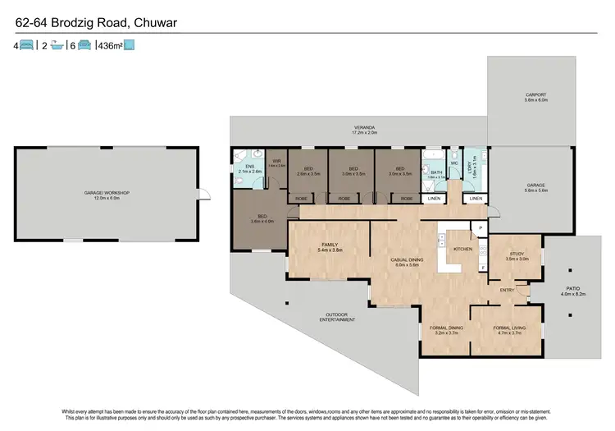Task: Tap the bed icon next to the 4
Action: (x=25, y=45)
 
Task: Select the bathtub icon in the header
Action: (x=58, y=45)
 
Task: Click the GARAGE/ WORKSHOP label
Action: (x=107, y=193)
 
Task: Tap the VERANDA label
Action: (x=364, y=128)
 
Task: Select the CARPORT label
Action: (x=535, y=94)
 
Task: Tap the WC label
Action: (x=453, y=162)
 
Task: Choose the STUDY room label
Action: (x=517, y=254)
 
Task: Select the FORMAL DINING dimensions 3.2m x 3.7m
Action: (x=446, y=333)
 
